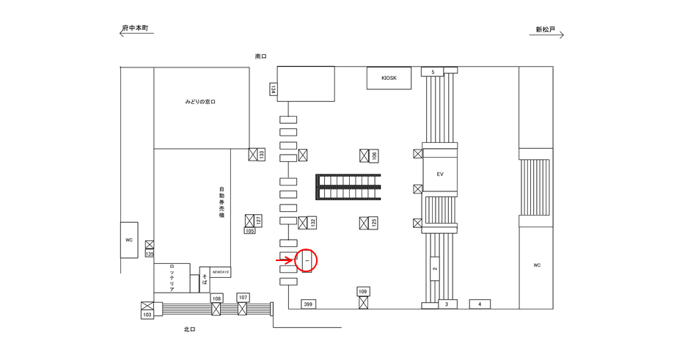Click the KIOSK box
point(389,78)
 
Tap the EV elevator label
point(440,175)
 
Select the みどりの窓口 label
point(199,102)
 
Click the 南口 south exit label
point(260,56)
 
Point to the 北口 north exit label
point(189,330)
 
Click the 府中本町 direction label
point(136,29)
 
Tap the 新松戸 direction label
point(545,30)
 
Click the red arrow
point(284,260)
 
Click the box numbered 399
point(308,304)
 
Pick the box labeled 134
point(273,89)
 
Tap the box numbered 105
point(249,230)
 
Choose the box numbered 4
point(480,304)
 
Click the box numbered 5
point(433,72)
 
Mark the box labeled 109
point(362,292)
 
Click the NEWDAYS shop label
point(221,272)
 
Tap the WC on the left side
point(128,240)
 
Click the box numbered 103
point(147,314)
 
